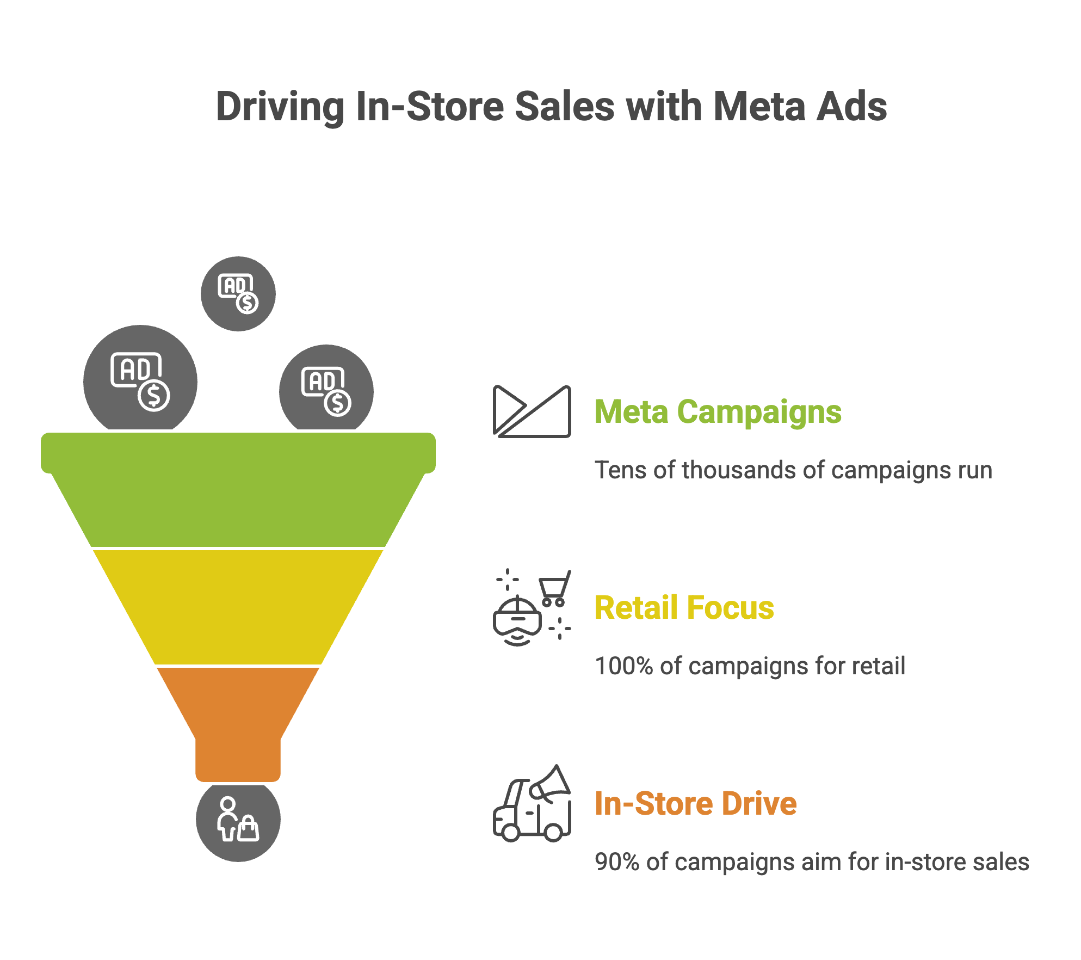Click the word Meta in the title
click(759, 107)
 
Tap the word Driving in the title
click(280, 107)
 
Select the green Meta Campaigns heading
click(718, 411)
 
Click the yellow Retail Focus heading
click(684, 607)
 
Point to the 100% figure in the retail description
click(623, 666)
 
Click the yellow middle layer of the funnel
click(238, 607)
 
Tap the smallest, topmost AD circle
click(238, 294)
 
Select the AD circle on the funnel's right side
click(326, 389)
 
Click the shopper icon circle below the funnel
click(238, 820)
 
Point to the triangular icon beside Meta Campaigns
click(532, 411)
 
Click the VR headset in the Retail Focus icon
click(517, 620)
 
